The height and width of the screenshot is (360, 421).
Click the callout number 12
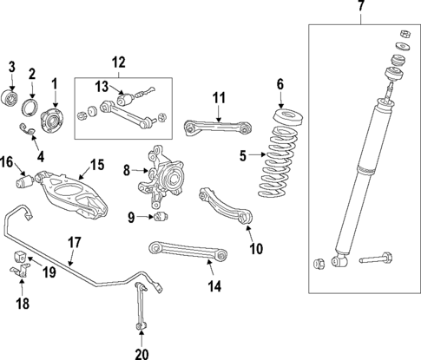tap(119, 62)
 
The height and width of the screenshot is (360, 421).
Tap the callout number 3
tap(12, 67)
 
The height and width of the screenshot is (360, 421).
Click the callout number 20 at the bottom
tap(141, 352)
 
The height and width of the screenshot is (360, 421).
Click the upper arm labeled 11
tap(217, 128)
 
